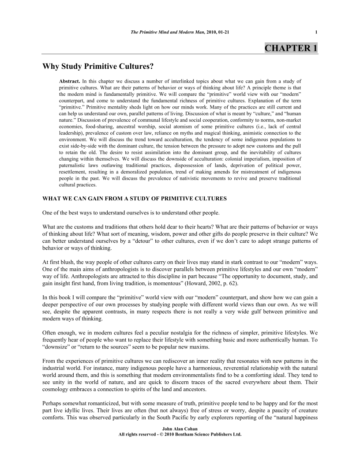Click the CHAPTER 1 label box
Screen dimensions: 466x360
(x=291, y=48)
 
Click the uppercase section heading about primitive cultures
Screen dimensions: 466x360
(x=135, y=199)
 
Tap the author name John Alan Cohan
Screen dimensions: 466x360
(x=180, y=428)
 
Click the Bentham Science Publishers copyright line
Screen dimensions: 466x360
(x=180, y=434)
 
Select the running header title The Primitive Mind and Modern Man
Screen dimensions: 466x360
(x=167, y=32)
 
